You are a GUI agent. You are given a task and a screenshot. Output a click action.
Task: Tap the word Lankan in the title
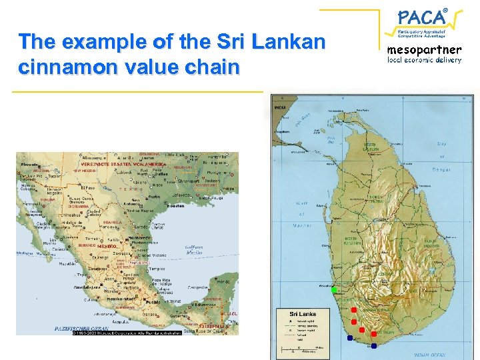point(287,42)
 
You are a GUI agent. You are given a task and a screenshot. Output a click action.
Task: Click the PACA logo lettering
point(422,17)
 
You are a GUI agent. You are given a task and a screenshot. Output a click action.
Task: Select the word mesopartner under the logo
point(425,49)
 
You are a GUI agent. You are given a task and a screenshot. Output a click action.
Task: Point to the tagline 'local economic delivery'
point(425,60)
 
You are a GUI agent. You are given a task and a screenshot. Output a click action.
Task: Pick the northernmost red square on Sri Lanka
point(353,309)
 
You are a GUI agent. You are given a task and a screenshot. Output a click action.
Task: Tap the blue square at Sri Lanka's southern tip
point(374,345)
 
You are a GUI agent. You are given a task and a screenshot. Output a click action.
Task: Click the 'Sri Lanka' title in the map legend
point(301,313)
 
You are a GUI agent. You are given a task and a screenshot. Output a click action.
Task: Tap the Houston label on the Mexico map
point(176,206)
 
